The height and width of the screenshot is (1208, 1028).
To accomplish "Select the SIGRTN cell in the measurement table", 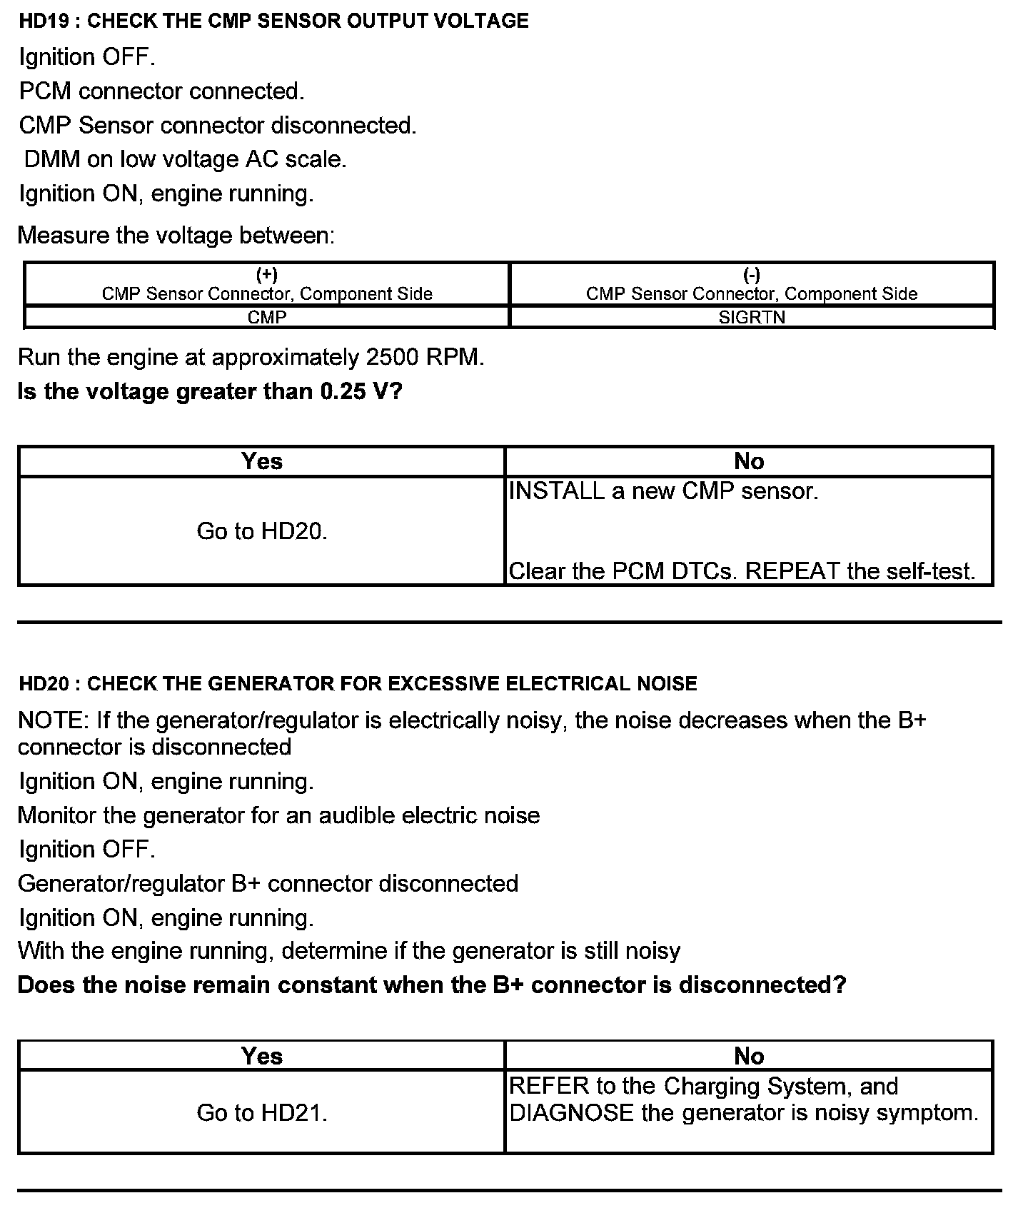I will coord(752,317).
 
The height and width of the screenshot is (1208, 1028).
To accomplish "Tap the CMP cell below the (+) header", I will coord(267,317).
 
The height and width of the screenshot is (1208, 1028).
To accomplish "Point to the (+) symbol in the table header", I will coord(267,275).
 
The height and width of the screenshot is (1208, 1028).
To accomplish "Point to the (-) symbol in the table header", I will coord(752,275).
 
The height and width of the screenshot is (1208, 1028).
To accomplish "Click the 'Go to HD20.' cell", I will coord(261,531).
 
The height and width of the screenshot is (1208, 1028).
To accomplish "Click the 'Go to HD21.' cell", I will coord(261,1112).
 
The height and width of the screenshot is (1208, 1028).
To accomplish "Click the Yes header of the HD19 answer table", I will coord(261,461).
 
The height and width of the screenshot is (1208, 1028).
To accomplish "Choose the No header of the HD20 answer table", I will coord(749,1056).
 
